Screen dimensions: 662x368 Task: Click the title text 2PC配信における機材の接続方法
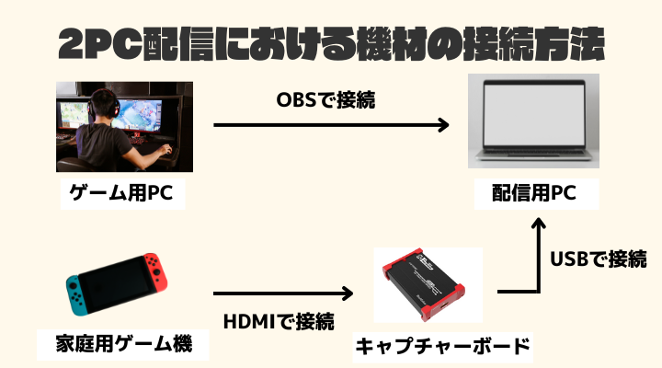pos(331,44)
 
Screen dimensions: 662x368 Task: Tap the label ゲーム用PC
pos(121,193)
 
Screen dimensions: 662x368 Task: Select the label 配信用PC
pos(534,193)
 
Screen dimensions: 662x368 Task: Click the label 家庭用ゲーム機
pos(124,343)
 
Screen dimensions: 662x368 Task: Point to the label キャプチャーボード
pos(442,347)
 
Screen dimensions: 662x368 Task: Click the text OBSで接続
pos(325,100)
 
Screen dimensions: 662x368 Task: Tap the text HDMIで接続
pos(279,321)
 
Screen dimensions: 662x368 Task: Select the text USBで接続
pos(599,259)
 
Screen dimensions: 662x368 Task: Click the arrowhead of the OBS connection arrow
pos(443,125)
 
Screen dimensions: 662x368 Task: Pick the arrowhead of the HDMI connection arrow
pos(348,293)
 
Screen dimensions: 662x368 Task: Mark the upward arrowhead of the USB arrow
pos(538,223)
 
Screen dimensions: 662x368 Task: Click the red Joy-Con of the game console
pos(155,272)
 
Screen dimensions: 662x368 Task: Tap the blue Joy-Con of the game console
pos(76,295)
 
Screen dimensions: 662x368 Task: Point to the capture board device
pos(424,283)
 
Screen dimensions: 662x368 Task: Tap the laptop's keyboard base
pos(534,155)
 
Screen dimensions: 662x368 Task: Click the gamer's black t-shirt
pos(103,145)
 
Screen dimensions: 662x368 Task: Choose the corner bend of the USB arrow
pos(538,292)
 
